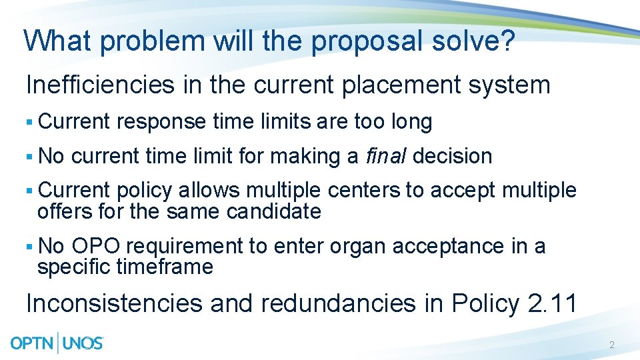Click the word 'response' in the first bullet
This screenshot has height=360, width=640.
[161, 121]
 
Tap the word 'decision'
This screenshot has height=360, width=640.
[453, 156]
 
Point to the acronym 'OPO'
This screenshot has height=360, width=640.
[96, 246]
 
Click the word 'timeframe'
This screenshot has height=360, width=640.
[165, 267]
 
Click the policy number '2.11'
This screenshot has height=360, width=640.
[553, 303]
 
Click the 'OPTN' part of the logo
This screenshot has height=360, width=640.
[33, 343]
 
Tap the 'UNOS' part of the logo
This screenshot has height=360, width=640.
[83, 343]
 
